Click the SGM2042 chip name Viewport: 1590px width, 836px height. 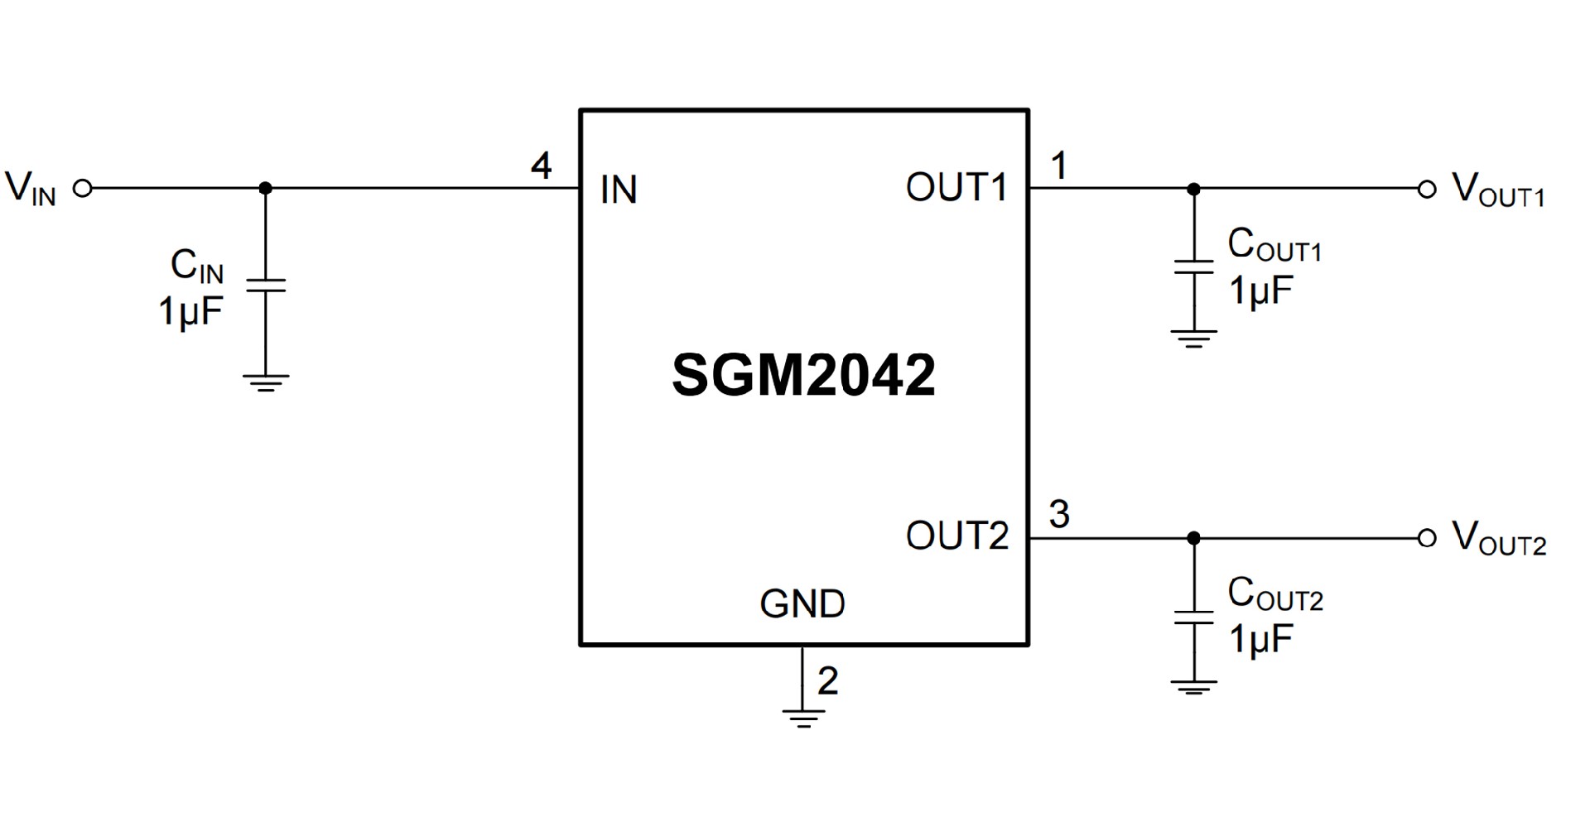pos(803,376)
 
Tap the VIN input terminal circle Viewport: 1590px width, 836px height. pos(83,189)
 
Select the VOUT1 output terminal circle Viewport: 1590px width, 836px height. pos(1426,190)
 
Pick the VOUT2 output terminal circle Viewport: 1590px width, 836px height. pos(1426,539)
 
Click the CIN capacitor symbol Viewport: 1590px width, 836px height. pos(266,286)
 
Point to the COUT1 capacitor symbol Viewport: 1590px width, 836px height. pos(1193,267)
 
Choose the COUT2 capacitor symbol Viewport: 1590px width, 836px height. pos(1193,617)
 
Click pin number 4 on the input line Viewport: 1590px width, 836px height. pos(541,166)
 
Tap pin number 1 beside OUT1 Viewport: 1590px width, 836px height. pos(1058,166)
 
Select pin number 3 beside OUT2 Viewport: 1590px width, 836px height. pos(1059,515)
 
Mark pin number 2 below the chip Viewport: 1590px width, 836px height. pos(827,681)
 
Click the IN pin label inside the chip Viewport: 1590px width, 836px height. pos(619,190)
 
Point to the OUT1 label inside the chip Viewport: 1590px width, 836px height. pos(956,188)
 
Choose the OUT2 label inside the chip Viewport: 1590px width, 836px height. pos(957,536)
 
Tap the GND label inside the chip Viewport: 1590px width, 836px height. pos(802,604)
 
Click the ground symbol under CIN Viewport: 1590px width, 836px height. pos(266,382)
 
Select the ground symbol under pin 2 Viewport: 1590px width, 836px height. pos(802,718)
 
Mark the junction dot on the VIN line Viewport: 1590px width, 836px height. pos(266,189)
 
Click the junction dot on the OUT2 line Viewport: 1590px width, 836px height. pos(1193,539)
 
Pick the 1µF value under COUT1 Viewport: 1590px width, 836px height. pos(1260,291)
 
